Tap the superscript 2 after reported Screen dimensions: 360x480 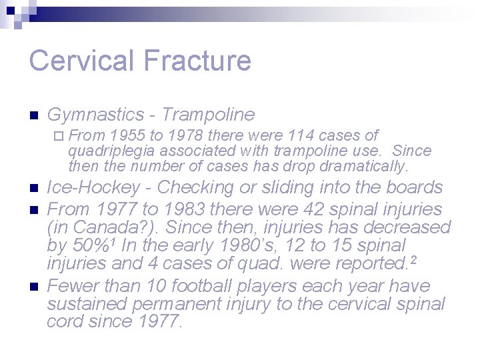[x=414, y=260]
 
